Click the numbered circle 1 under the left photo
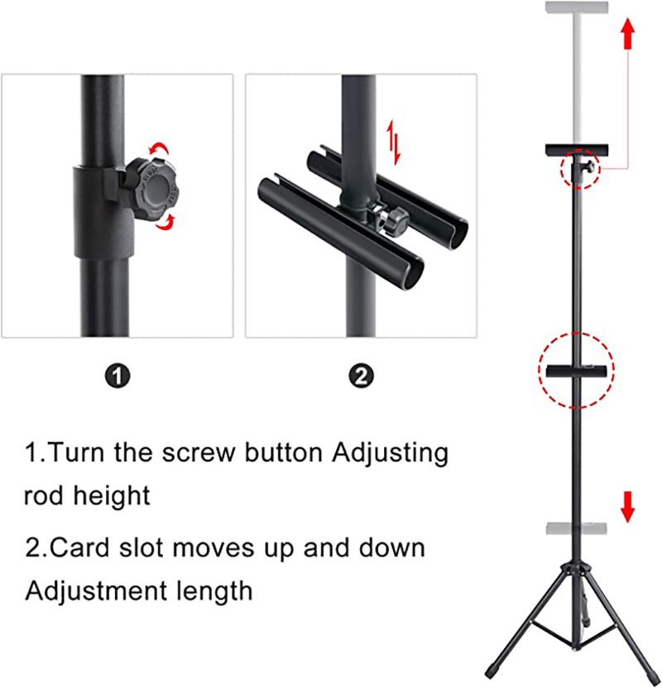[x=118, y=376]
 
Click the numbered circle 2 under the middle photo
[x=361, y=376]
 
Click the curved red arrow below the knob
[x=165, y=223]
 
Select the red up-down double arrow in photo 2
[x=393, y=142]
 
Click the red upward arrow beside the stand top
[x=628, y=33]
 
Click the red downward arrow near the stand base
[x=628, y=507]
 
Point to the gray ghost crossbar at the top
[x=577, y=7]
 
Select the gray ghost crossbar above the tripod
[x=577, y=528]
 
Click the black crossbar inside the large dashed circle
[x=577, y=371]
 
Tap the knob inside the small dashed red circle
[x=590, y=166]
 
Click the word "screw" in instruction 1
[x=198, y=452]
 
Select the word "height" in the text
[x=112, y=496]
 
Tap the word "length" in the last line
[x=214, y=591]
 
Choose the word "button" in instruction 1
[x=284, y=451]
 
